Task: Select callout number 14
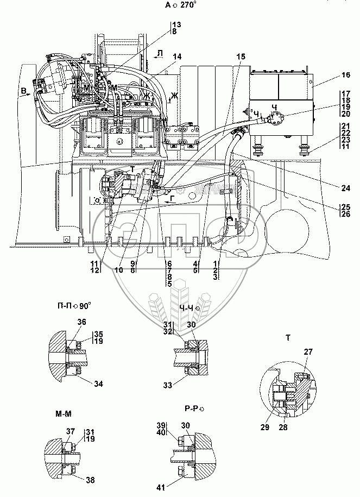[177, 56]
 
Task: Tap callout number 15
[241, 56]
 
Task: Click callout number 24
[346, 188]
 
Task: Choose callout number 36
[81, 322]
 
